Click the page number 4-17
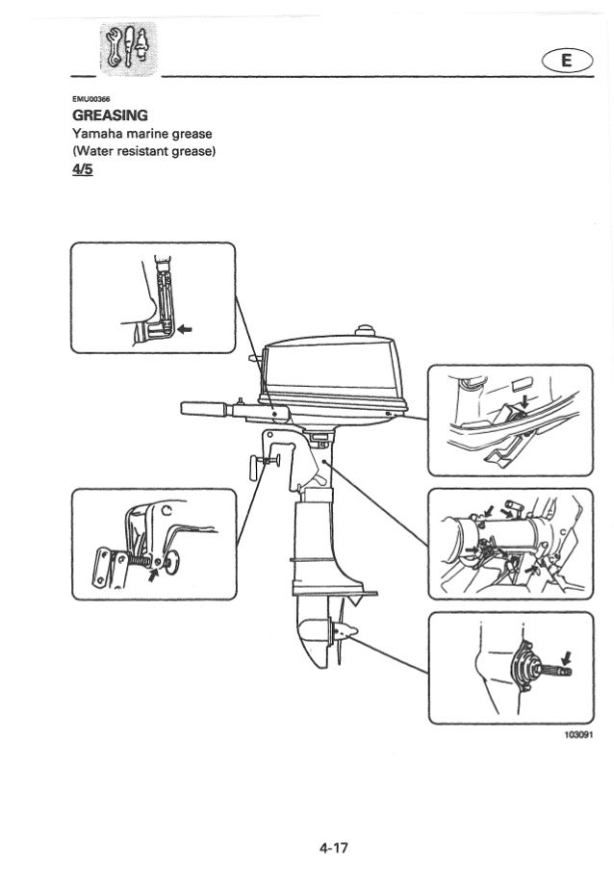tap(334, 848)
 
